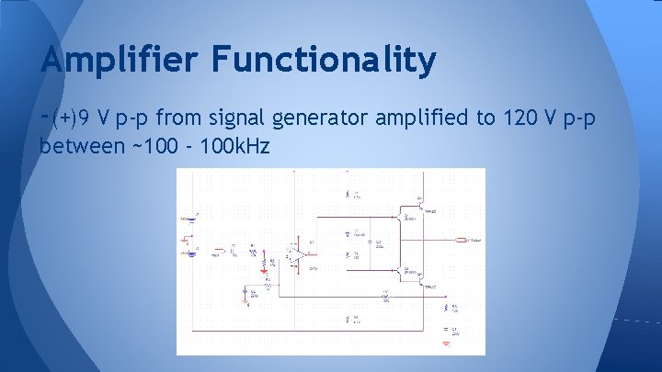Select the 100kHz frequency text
click(238, 145)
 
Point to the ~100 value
click(159, 145)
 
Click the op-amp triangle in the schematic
click(298, 254)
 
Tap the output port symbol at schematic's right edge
click(461, 241)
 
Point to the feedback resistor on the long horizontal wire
click(384, 298)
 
